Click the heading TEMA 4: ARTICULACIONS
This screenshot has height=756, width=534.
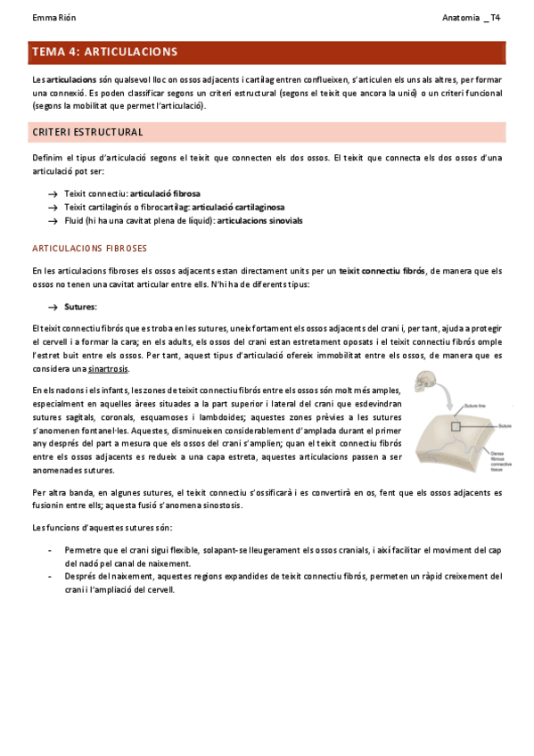tap(104, 53)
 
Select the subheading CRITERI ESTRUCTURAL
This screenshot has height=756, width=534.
tap(87, 132)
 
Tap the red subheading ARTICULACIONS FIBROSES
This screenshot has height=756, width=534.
tap(89, 248)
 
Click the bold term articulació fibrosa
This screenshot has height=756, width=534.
tap(165, 193)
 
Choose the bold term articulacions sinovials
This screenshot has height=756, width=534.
tap(259, 220)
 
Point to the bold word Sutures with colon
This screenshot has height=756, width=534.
tap(81, 307)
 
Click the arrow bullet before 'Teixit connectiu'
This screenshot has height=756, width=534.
tap(53, 193)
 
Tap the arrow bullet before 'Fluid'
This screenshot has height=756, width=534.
tap(53, 220)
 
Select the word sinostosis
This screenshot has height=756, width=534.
tap(215, 505)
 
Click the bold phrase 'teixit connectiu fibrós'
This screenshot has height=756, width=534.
tap(382, 270)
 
